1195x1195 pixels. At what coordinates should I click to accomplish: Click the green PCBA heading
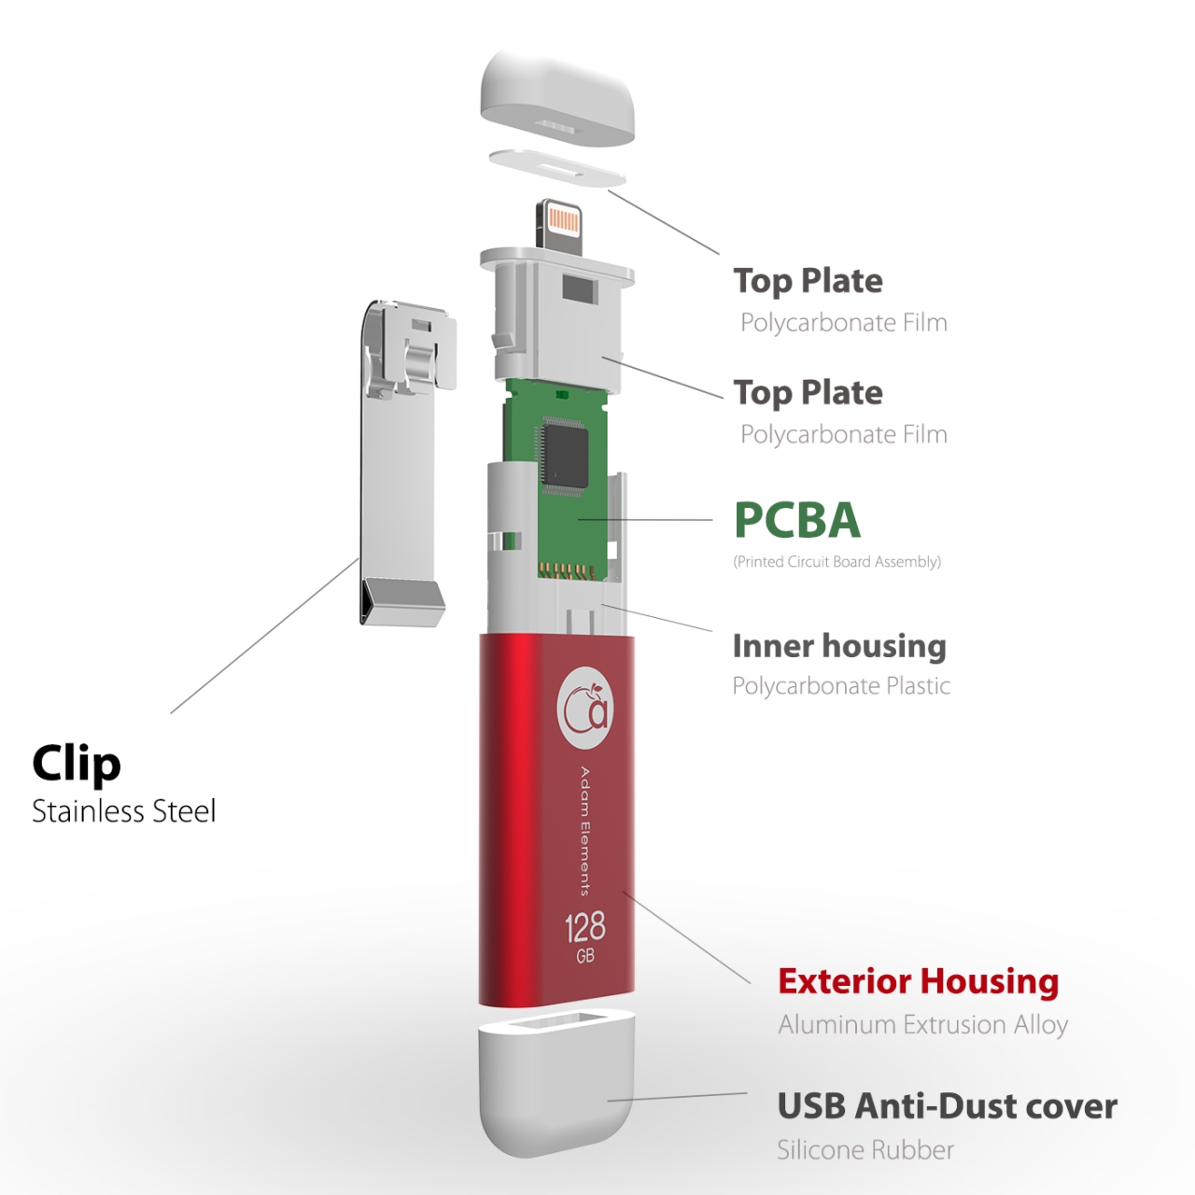coord(797,520)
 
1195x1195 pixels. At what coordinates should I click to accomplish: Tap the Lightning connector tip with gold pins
coord(559,224)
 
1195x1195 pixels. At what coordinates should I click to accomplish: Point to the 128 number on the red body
coord(584,928)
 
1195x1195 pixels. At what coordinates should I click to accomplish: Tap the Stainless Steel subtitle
coord(124,811)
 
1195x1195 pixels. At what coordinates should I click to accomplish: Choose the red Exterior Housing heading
coord(919,981)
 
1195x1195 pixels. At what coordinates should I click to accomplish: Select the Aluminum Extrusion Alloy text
coord(923,1025)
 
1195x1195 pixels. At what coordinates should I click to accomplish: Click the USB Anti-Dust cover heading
coord(947,1105)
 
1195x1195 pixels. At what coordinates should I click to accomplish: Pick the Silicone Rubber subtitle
coord(865,1150)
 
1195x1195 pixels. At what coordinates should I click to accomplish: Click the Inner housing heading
coord(839,647)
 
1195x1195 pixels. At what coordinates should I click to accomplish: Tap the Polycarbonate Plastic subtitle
coord(841,686)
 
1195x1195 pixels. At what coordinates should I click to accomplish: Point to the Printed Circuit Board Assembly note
coord(837,562)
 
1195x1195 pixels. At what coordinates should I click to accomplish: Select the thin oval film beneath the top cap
coord(557,167)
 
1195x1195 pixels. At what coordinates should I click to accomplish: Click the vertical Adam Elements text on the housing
coord(584,832)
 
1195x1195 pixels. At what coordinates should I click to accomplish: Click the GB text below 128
coord(584,956)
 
